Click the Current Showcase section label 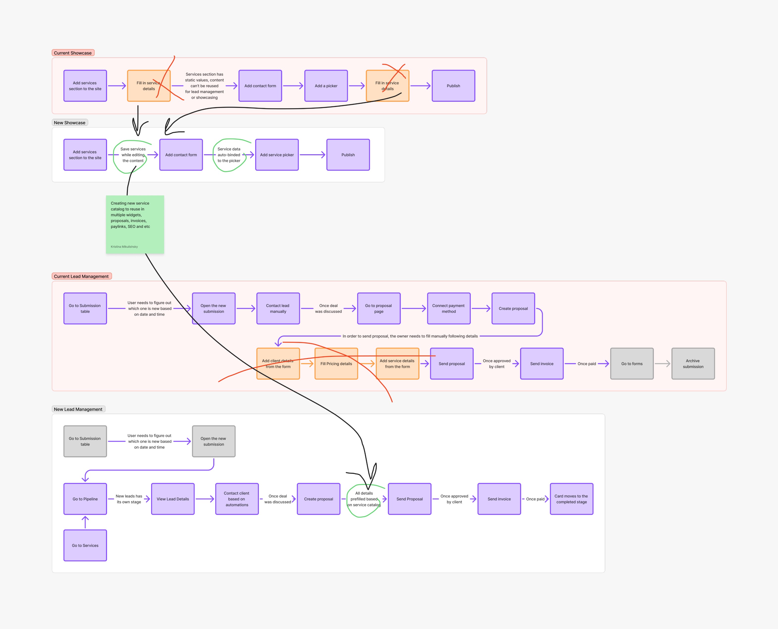[x=73, y=53]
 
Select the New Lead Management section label [x=78, y=409]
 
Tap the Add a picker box [x=326, y=86]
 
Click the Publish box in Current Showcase [x=453, y=86]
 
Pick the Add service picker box [x=277, y=155]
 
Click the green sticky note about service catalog [x=135, y=225]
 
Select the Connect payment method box [x=448, y=308]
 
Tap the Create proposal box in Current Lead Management [x=513, y=308]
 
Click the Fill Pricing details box [x=336, y=364]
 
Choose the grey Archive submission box [x=693, y=364]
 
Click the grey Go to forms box [x=632, y=364]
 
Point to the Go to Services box [x=85, y=545]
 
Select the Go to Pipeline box [x=85, y=499]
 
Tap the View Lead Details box [x=172, y=499]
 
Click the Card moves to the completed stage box [x=571, y=499]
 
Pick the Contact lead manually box [x=278, y=308]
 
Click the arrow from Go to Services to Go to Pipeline [x=85, y=522]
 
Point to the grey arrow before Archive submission [x=662, y=364]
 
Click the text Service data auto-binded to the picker [x=229, y=155]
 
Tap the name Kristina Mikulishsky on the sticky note [x=124, y=247]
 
